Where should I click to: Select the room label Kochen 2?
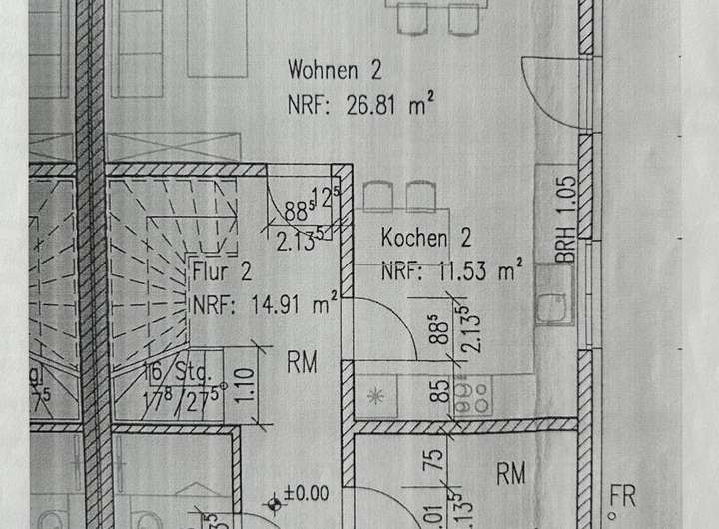coord(426,240)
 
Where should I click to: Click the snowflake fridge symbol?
coord(376,395)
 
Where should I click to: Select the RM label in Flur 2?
coord(303,363)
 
